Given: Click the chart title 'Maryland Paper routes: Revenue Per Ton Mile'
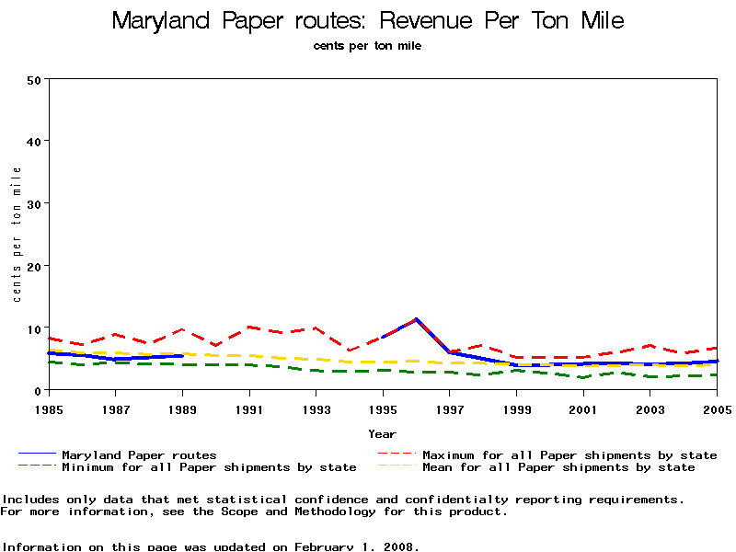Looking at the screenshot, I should (367, 20).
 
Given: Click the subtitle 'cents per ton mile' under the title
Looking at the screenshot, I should (367, 45).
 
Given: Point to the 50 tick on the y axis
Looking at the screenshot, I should (35, 79).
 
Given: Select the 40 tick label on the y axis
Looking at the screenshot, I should (35, 141).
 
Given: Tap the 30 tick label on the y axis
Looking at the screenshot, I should (35, 203).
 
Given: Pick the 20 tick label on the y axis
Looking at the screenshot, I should (35, 266).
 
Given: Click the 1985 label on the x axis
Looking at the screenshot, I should (48, 408).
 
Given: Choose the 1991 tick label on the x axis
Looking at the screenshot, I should (249, 408).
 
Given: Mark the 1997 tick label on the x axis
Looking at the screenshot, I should (450, 408).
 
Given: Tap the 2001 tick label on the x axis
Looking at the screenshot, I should (583, 408).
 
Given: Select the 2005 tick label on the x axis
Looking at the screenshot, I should (717, 408).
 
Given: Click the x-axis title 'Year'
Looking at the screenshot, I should (382, 433).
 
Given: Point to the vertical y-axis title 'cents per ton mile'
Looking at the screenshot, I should (17, 235).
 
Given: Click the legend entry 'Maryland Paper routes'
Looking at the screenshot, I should (139, 454).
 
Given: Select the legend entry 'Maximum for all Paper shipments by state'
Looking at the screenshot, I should (569, 454).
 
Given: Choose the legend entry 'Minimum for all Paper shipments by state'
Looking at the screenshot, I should (209, 467).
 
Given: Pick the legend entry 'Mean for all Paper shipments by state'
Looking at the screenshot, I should (558, 467).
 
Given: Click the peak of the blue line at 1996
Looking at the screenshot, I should (417, 319).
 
